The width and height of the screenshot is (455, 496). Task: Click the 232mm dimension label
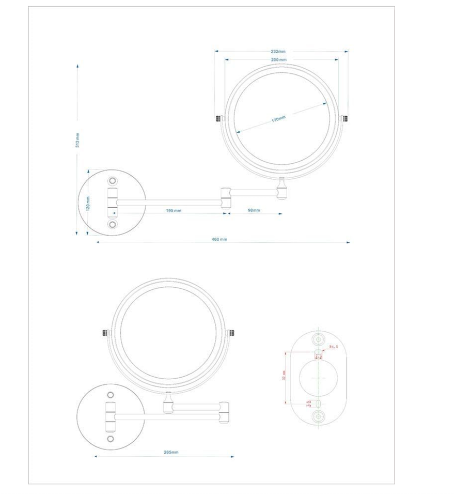coord(278,52)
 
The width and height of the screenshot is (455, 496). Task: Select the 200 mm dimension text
coord(278,60)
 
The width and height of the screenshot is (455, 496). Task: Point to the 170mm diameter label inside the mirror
coord(279,119)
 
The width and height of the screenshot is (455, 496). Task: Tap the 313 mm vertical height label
coord(77,139)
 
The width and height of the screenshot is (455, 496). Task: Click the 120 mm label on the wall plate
coord(88,203)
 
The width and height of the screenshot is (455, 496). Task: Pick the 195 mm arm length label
coord(174,211)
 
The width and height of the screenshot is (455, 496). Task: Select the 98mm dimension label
coord(253,211)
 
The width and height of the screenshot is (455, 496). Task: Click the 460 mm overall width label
coord(219,240)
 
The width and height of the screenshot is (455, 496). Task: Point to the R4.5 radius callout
coord(333,347)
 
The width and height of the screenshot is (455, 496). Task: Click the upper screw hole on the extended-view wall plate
coord(113,181)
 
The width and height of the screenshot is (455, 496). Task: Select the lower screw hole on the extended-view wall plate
coord(113,224)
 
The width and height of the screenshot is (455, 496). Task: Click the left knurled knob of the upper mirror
coord(218,118)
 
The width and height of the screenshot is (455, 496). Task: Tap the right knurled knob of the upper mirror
coord(346,118)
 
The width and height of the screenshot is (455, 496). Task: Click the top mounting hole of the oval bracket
coord(319,338)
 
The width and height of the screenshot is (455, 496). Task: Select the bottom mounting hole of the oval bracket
coord(319,416)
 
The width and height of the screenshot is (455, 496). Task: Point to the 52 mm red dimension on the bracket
coord(284,377)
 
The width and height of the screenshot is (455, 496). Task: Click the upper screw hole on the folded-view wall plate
coord(111,395)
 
